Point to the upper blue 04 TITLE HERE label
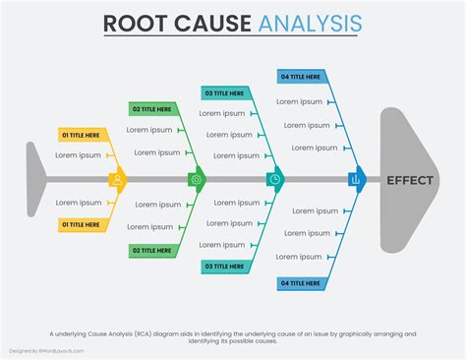(x=301, y=77)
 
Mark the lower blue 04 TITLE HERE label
(x=301, y=282)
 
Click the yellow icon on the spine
(x=118, y=180)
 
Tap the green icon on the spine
(x=197, y=180)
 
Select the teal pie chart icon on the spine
(x=275, y=180)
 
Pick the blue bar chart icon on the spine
(x=356, y=180)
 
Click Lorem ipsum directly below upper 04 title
(x=298, y=100)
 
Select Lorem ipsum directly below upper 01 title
(x=78, y=154)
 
